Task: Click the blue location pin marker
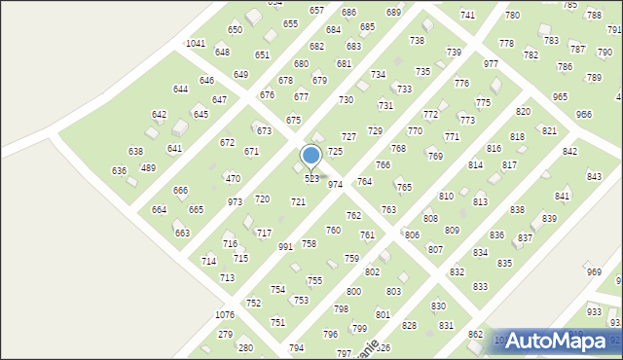(311, 156)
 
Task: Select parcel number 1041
(196, 44)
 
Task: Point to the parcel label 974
(335, 184)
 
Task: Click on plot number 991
(285, 247)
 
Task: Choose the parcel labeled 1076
(225, 315)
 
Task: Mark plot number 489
(148, 168)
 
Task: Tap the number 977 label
(491, 63)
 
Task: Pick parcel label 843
(594, 176)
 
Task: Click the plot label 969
(595, 271)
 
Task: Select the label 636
(119, 170)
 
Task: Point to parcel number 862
(475, 334)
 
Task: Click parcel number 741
(467, 16)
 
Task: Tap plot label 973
(235, 201)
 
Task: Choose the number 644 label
(180, 89)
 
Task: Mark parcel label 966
(584, 114)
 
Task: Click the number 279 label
(225, 334)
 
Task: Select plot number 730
(346, 100)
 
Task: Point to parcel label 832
(457, 271)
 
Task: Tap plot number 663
(182, 233)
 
